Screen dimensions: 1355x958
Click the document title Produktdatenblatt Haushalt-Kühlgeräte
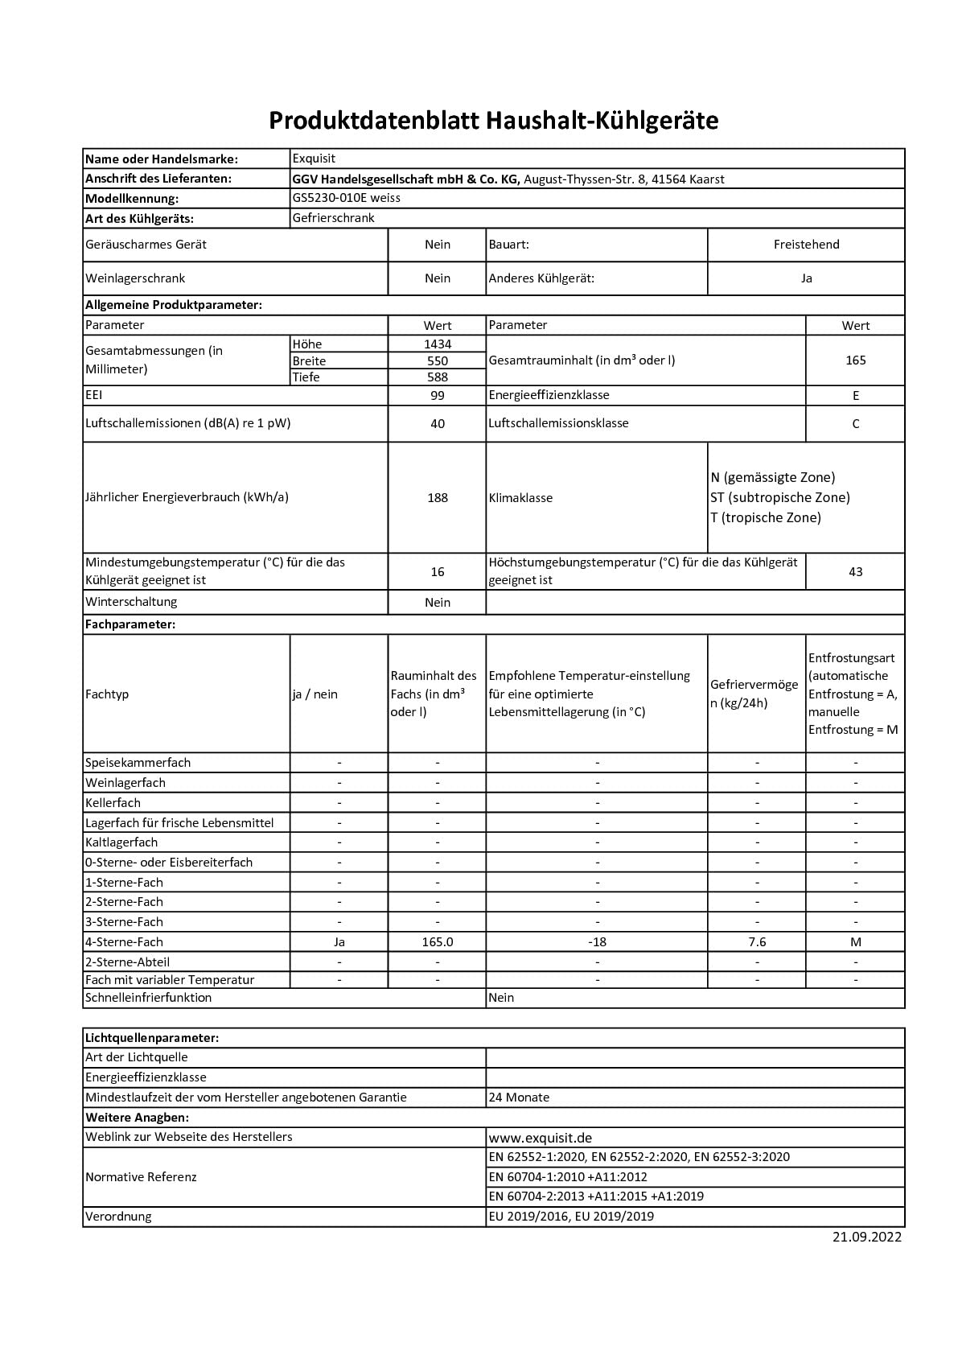[493, 121]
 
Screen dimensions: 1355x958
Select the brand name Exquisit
[314, 159]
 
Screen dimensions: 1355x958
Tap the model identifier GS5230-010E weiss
[347, 198]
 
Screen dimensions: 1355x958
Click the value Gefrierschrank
[334, 218]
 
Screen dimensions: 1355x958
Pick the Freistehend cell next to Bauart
[806, 245]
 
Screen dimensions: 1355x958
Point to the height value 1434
[438, 344]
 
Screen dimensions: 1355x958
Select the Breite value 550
[438, 361]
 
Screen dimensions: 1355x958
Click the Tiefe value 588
[438, 377]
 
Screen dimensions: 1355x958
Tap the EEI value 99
[438, 396]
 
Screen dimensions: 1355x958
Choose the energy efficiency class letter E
[855, 396]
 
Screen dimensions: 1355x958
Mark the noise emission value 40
[438, 424]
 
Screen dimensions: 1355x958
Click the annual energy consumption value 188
[438, 498]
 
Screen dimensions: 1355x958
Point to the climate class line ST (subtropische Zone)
[779, 497]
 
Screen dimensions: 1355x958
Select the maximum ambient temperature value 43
[855, 572]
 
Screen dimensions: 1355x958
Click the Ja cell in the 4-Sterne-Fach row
[339, 942]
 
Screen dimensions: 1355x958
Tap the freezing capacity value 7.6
[757, 942]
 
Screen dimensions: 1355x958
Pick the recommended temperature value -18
[597, 942]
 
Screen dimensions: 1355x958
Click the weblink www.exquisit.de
[541, 1138]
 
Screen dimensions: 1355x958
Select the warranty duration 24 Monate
[520, 1098]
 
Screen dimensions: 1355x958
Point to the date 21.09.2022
[867, 1238]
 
